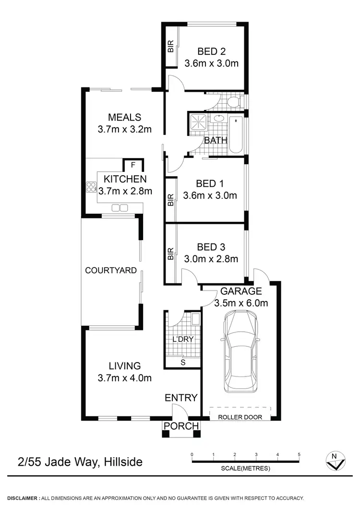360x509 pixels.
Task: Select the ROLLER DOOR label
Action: tap(240, 417)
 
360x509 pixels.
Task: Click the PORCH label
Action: tap(181, 426)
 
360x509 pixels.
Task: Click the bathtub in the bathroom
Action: tap(236, 134)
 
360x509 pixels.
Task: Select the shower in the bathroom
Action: tap(198, 122)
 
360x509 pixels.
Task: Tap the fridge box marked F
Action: tap(133, 166)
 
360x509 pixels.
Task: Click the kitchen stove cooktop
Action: tap(91, 187)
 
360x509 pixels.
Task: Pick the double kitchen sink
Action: tap(120, 208)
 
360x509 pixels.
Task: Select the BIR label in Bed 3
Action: tap(170, 254)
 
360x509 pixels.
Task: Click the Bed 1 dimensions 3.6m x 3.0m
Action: tap(210, 195)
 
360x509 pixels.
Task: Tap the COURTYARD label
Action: tap(111, 270)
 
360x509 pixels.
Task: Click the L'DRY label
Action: tap(182, 339)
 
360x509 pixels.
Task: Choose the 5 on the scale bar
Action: tap(299, 454)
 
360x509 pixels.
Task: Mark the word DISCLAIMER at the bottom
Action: tap(23, 498)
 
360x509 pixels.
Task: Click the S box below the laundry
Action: tap(182, 363)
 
